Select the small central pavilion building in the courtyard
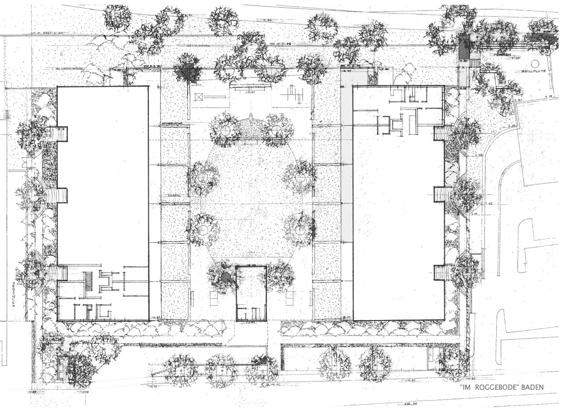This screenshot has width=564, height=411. click(251, 293)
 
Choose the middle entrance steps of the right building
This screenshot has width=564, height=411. click(440, 194)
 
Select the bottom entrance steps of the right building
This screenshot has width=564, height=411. click(440, 272)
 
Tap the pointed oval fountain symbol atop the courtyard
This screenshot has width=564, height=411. click(250, 125)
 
